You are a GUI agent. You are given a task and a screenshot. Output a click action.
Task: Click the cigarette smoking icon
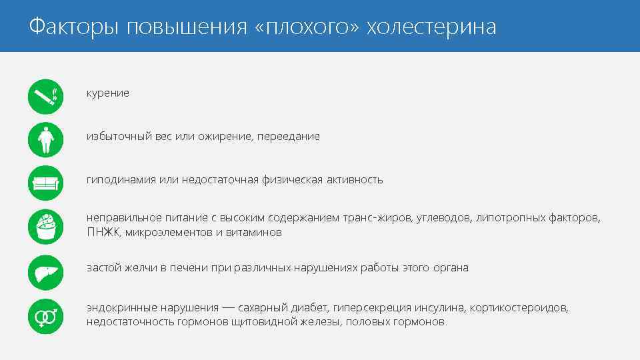click(45, 97)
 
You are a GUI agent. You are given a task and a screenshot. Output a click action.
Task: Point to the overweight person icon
click(45, 139)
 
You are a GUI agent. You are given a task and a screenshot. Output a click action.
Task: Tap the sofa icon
click(45, 183)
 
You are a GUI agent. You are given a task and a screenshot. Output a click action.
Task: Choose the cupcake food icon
click(45, 227)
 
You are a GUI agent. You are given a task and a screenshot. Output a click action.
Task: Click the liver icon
click(45, 271)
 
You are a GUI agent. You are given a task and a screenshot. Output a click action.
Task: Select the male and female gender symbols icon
click(45, 315)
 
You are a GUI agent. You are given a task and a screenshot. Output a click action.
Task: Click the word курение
click(107, 93)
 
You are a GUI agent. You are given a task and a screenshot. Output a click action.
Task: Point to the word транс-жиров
click(378, 219)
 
